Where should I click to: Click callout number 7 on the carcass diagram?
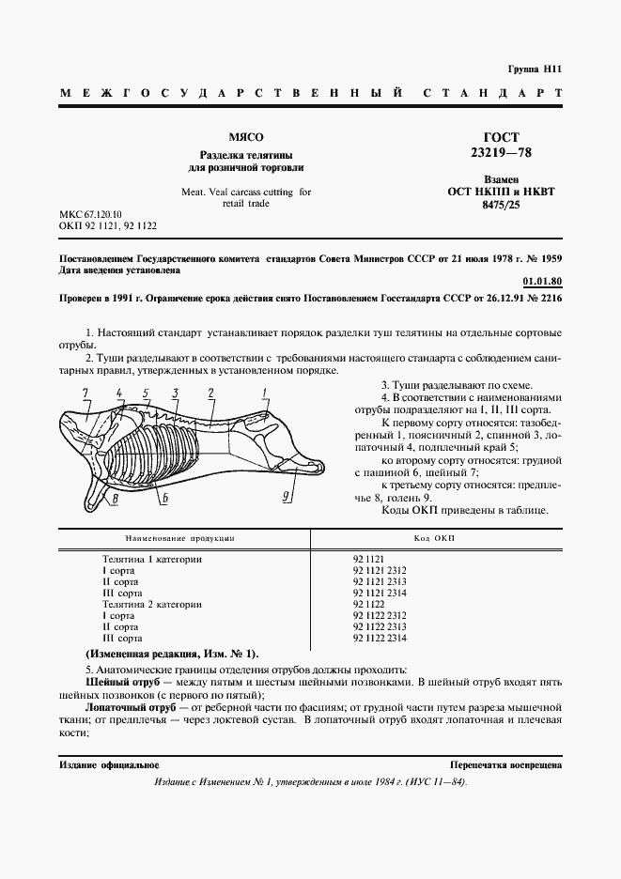pyautogui.click(x=85, y=392)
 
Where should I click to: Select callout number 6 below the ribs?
pyautogui.click(x=165, y=499)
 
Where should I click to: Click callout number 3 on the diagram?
pyautogui.click(x=176, y=392)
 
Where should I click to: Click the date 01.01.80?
pyautogui.click(x=541, y=281)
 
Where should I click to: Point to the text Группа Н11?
pyautogui.click(x=534, y=69)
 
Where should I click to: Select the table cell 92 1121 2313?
pyautogui.click(x=380, y=581)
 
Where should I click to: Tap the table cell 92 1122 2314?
pyautogui.click(x=380, y=639)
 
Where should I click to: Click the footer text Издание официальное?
pyautogui.click(x=108, y=765)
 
